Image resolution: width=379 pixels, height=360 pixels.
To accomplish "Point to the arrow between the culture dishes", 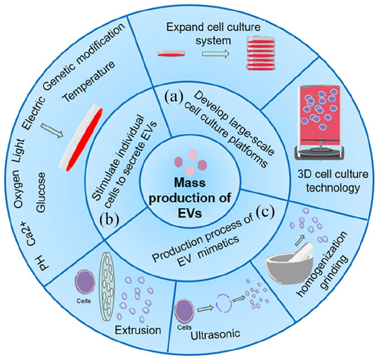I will tap(216, 54).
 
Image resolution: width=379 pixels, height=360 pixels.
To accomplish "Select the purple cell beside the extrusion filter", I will tap(83, 284).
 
